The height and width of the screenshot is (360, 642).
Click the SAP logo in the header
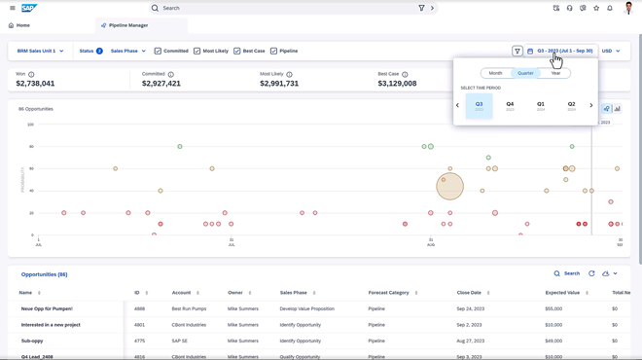[x=29, y=8]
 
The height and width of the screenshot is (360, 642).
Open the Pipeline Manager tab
[x=126, y=25]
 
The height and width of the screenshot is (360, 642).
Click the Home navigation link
[x=19, y=25]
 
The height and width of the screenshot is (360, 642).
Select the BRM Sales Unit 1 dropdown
[x=40, y=51]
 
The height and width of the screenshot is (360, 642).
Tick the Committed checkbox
[x=159, y=51]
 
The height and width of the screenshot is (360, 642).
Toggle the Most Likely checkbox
[x=197, y=51]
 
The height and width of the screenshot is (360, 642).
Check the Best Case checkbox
[x=237, y=51]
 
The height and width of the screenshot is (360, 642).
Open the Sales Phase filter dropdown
[x=128, y=51]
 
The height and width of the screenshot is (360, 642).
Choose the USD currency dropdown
[x=610, y=51]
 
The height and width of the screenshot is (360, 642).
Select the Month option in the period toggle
[x=495, y=73]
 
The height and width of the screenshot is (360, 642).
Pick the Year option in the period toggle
[x=555, y=73]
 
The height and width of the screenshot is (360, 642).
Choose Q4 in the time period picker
[x=510, y=105]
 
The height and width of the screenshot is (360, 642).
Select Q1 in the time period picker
[x=541, y=105]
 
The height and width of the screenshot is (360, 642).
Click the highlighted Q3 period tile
[x=479, y=105]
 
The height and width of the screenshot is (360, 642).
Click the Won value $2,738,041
[x=35, y=84]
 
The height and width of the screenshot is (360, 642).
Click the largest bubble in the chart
[x=449, y=186]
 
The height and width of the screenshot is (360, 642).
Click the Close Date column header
[x=469, y=292]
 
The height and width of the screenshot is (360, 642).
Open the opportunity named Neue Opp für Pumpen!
[x=47, y=308]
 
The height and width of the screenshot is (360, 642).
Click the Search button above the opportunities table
[x=566, y=273]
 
